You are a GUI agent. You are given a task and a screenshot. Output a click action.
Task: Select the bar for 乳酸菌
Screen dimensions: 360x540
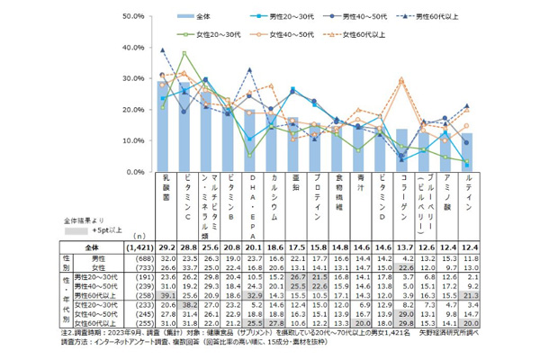tap(163, 127)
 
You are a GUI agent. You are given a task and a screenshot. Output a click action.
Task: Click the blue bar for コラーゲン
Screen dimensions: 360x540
tap(401, 150)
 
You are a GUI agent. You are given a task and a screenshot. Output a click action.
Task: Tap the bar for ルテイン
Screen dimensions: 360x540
tap(466, 152)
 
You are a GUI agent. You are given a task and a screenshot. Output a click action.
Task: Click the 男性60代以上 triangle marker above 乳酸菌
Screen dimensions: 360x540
tap(163, 50)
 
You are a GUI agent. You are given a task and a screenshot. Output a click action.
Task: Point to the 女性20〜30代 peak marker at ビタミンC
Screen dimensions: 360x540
tap(184, 53)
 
